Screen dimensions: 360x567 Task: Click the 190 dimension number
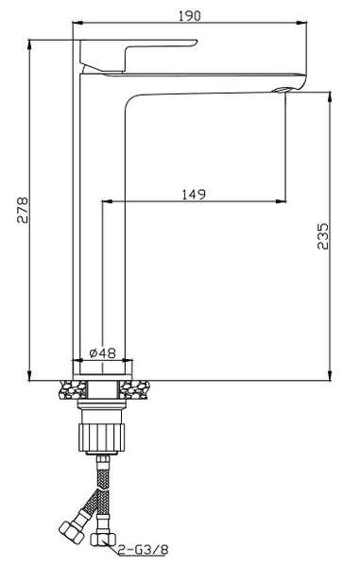(x=189, y=16)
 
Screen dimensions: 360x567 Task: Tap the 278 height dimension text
(x=23, y=210)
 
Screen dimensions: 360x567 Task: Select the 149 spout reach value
(x=194, y=194)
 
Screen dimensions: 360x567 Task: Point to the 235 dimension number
(x=323, y=235)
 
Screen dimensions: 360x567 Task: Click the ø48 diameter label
(x=102, y=352)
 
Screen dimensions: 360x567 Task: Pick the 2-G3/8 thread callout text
(x=144, y=550)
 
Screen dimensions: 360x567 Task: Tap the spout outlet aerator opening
(x=282, y=90)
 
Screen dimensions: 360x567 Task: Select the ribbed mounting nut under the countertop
(x=102, y=438)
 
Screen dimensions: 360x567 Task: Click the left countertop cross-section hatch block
(x=73, y=389)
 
